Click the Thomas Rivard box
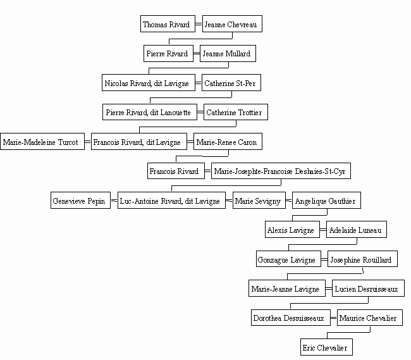click(x=168, y=24)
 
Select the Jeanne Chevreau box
click(x=232, y=24)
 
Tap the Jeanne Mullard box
click(x=228, y=54)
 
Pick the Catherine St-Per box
click(x=231, y=83)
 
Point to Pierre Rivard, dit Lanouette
click(x=150, y=112)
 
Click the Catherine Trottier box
click(x=236, y=112)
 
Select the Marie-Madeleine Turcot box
click(x=42, y=142)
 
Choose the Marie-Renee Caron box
click(x=228, y=142)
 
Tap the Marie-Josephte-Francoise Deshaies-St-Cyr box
click(x=281, y=171)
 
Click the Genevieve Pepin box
click(x=80, y=201)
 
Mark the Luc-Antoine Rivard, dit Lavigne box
click(x=171, y=201)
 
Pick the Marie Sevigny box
click(x=259, y=201)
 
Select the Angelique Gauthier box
click(x=326, y=201)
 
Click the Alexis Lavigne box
click(x=292, y=230)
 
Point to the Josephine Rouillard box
click(x=362, y=259)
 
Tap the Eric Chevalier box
click(x=326, y=347)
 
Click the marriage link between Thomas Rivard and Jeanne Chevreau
click(x=199, y=24)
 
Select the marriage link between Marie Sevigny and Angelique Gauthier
click(x=289, y=201)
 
